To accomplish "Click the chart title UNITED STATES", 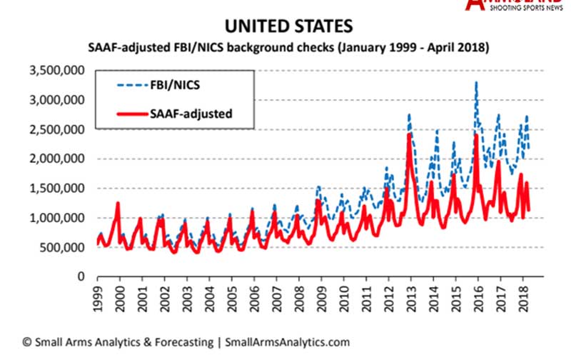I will click(288, 27).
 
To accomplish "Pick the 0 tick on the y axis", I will click(81, 277).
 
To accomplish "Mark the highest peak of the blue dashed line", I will click(476, 83).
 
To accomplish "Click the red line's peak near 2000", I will click(117, 204).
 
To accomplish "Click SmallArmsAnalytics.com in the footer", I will click(287, 342).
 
